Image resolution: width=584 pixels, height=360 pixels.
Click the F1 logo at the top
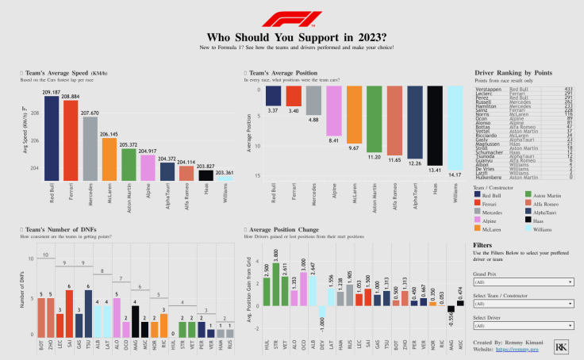click(x=291, y=17)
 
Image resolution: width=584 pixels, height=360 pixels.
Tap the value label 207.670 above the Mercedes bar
click(x=90, y=113)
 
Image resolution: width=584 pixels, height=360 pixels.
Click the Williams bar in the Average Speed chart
click(x=225, y=179)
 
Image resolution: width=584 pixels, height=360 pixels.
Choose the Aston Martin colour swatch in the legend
click(x=523, y=195)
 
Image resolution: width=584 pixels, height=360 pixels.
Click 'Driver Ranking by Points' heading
click(x=511, y=71)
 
